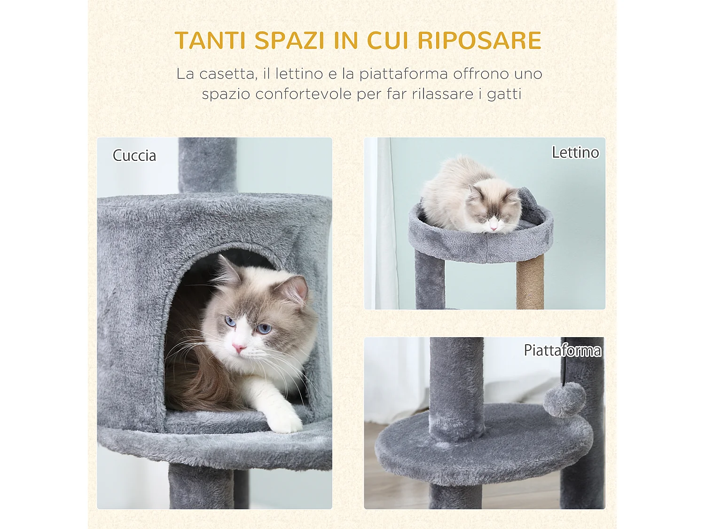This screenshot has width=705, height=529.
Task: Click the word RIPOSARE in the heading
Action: (x=479, y=40)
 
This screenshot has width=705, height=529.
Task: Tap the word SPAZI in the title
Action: (x=290, y=40)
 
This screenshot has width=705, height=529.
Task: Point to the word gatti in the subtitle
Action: (x=504, y=94)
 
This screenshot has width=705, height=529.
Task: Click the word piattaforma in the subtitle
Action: (x=403, y=74)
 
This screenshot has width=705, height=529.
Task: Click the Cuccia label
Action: (x=134, y=156)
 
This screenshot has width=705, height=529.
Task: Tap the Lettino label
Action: (x=575, y=152)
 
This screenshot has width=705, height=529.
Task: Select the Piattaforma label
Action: (x=562, y=350)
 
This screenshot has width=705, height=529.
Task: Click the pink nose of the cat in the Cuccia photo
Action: (x=239, y=348)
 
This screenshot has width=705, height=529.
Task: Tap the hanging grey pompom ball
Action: (x=564, y=400)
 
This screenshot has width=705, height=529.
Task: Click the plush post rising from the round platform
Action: (x=456, y=386)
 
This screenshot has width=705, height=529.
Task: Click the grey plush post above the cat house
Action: (x=207, y=165)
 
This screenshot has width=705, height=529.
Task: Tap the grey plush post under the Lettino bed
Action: (x=430, y=284)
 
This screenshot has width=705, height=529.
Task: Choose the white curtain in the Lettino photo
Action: (x=383, y=235)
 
